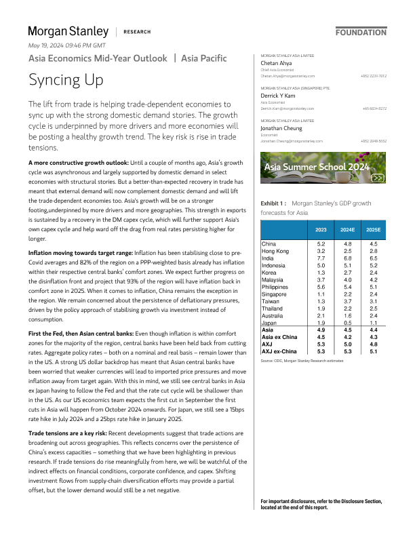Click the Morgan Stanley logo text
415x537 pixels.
(68, 31)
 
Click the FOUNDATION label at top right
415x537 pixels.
(361, 32)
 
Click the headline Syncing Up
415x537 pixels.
(66, 80)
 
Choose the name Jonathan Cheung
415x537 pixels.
(282, 127)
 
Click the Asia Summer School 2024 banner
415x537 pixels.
(323, 167)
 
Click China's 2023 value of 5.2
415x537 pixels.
(321, 243)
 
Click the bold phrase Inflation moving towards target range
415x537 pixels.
(80, 252)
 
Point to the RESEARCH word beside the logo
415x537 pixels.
(138, 32)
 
